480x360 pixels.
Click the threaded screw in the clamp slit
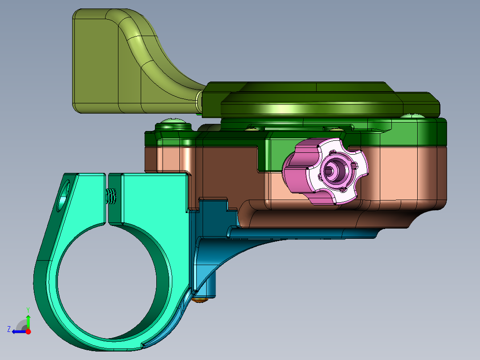click(111, 196)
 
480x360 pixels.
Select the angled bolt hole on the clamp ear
click(64, 196)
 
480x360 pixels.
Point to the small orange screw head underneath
click(200, 300)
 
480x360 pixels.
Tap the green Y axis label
click(28, 310)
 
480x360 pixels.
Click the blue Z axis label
click(9, 329)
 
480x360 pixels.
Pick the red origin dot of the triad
click(28, 331)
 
